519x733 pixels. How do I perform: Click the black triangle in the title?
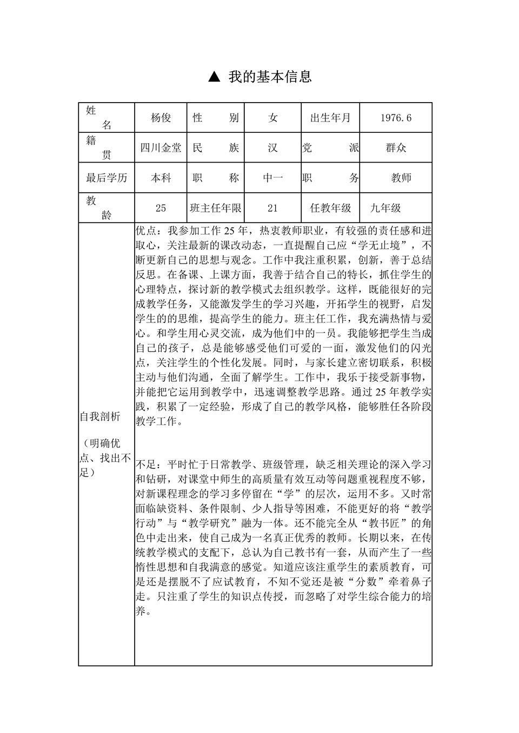tap(214, 77)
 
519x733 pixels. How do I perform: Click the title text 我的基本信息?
tap(270, 77)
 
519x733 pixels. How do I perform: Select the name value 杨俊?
tap(161, 118)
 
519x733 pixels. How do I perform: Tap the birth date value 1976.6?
tap(396, 118)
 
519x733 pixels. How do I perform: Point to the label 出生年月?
tap(330, 118)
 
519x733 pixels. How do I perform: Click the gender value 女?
tap(272, 118)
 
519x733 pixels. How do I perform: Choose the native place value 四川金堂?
tap(161, 147)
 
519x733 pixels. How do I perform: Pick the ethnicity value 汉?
tap(272, 147)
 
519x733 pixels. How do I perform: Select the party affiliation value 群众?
tap(396, 147)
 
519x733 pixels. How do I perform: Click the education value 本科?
tap(161, 178)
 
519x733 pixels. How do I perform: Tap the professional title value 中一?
tap(272, 178)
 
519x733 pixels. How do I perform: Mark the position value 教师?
tap(401, 178)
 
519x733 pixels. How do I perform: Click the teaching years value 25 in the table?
tap(161, 208)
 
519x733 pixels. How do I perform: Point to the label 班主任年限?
tap(216, 208)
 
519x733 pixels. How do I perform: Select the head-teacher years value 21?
tap(272, 208)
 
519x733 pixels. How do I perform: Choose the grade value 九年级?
tap(385, 208)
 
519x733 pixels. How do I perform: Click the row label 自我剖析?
tap(100, 416)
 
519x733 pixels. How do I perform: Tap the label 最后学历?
tap(107, 178)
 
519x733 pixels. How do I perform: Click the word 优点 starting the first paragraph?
tap(146, 231)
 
